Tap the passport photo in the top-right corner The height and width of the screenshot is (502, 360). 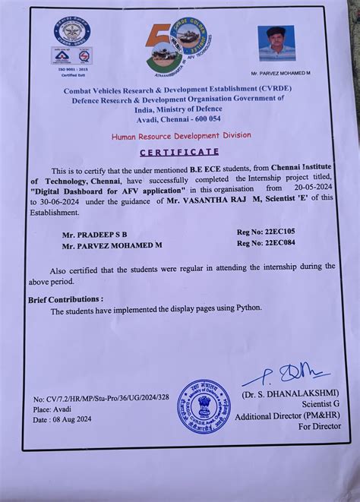point(275,43)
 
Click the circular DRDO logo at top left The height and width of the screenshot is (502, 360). point(72,31)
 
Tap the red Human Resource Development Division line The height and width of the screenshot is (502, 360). point(181,136)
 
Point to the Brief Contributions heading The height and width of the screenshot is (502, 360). point(66,299)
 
